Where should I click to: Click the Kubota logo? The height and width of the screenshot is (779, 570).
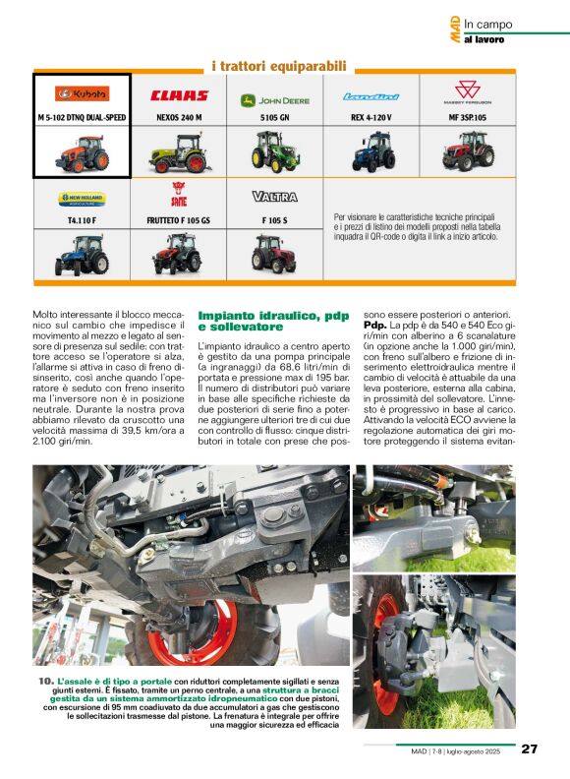click(x=83, y=93)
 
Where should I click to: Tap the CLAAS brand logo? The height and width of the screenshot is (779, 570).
click(x=179, y=95)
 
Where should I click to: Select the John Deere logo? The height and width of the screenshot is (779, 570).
click(x=275, y=98)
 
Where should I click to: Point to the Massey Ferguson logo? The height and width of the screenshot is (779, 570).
click(x=467, y=96)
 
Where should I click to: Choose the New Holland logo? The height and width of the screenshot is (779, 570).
click(x=83, y=197)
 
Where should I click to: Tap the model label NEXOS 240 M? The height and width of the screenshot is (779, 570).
click(x=179, y=117)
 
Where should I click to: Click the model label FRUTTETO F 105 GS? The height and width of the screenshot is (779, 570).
click(x=179, y=220)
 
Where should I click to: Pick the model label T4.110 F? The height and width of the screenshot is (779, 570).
click(x=83, y=220)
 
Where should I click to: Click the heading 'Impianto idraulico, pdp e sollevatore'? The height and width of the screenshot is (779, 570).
click(x=273, y=320)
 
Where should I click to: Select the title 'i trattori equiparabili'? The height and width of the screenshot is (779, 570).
click(x=279, y=67)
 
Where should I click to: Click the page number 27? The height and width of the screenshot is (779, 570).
click(x=530, y=749)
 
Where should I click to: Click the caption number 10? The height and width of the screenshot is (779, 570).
click(x=45, y=681)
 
